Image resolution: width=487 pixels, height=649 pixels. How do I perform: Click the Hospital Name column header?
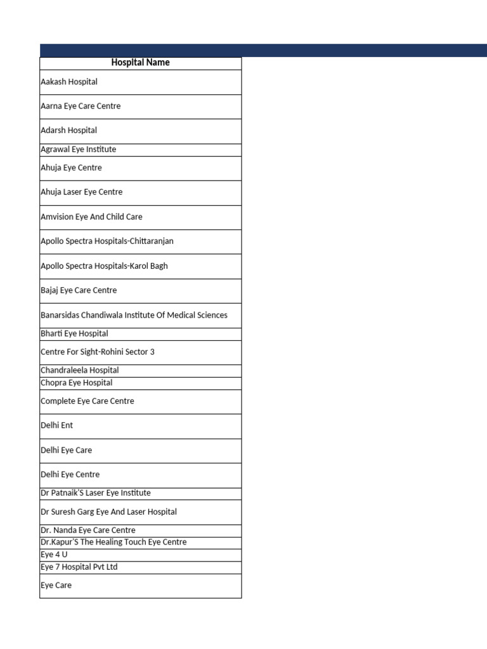(140, 63)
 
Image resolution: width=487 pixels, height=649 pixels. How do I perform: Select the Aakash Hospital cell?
(69, 82)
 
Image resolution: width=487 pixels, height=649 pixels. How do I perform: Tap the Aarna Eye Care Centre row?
(81, 106)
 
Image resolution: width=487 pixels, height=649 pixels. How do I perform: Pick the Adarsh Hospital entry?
(69, 131)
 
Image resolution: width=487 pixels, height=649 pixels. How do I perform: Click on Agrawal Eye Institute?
(79, 150)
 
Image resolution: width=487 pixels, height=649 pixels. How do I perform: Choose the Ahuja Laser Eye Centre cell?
(82, 192)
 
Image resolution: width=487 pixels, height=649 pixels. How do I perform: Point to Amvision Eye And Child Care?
(91, 217)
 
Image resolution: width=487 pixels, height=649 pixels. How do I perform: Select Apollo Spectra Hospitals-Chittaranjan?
(107, 241)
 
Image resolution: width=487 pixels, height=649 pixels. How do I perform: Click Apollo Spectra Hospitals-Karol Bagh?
(104, 266)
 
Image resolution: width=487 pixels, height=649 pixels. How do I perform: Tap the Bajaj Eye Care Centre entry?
(79, 290)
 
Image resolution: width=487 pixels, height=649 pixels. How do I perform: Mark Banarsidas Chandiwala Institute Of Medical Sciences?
(134, 315)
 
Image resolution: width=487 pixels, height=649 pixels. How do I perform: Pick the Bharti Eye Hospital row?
(74, 333)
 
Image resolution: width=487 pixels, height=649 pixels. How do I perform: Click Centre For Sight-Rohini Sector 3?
(98, 352)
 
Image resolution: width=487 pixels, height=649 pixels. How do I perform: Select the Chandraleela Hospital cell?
(80, 370)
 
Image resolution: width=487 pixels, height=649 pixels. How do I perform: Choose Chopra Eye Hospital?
(77, 383)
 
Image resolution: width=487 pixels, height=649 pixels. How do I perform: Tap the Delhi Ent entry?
(57, 425)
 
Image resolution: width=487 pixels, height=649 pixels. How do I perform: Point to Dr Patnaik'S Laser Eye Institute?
(96, 493)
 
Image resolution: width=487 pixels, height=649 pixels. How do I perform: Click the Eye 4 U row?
(54, 555)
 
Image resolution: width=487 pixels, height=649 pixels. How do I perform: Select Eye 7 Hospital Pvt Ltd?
(79, 567)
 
